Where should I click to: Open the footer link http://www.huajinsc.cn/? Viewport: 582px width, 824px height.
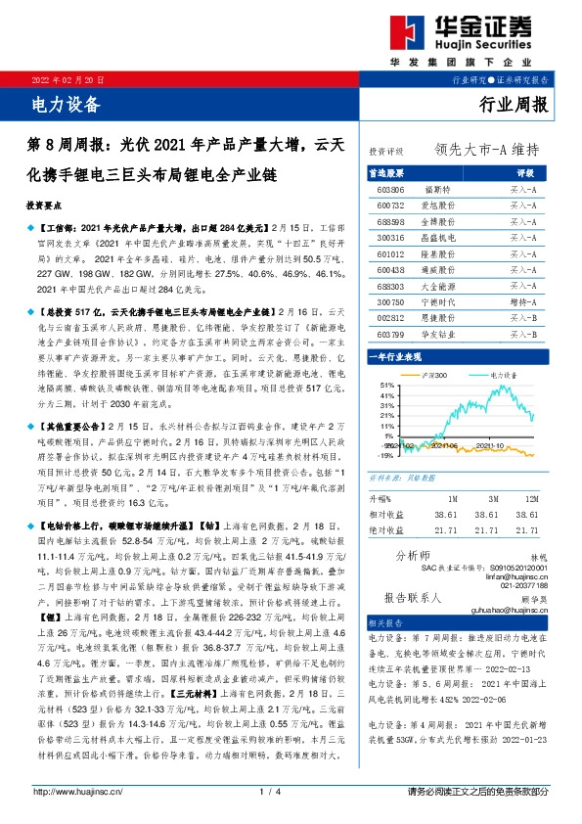78,791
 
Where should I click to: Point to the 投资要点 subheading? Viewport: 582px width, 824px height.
47,207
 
